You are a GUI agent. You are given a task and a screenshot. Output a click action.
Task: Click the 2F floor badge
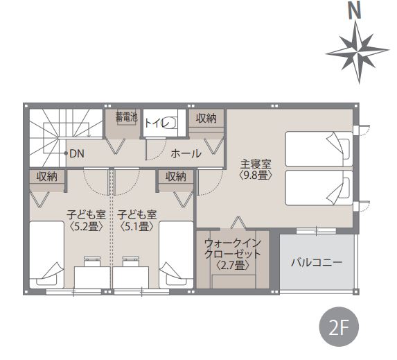(x=339, y=327)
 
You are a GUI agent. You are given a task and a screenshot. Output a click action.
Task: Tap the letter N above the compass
(x=355, y=11)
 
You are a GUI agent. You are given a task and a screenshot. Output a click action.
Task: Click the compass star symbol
(x=358, y=52)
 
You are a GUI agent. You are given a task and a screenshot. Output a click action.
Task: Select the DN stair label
(x=76, y=153)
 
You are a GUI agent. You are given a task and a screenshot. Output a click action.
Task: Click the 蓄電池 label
(x=126, y=117)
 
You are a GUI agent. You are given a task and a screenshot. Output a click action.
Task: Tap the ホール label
(x=186, y=154)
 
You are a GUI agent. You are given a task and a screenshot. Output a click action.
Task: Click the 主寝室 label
(x=256, y=164)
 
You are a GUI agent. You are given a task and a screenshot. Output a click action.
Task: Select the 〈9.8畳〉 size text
(x=256, y=175)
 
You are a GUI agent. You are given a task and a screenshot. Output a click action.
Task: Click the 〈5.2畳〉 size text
(x=87, y=226)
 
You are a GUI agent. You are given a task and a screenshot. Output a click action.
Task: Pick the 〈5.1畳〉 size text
(x=137, y=226)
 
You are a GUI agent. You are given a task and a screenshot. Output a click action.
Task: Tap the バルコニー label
(x=317, y=262)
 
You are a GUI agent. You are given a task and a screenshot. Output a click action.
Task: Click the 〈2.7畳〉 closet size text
(x=233, y=265)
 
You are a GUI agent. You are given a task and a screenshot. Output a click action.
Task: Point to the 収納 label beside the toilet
(x=206, y=118)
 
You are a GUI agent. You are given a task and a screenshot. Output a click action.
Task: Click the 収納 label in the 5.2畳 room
(x=47, y=177)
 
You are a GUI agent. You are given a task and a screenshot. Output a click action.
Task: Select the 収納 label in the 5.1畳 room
(x=176, y=177)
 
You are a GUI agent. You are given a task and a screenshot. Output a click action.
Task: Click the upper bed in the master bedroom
(x=319, y=149)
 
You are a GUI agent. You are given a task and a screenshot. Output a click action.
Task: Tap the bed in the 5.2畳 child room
(x=47, y=255)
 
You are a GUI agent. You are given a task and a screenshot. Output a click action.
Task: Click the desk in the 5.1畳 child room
(x=131, y=277)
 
